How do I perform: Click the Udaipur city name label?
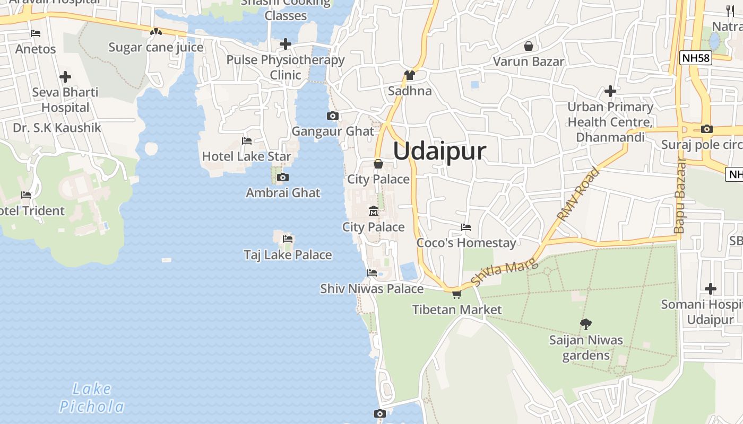439,151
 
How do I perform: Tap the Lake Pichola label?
91,398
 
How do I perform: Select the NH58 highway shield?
695,58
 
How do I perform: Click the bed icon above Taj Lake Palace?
288,239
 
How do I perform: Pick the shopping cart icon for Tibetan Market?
456,294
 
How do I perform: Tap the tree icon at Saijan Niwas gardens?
586,323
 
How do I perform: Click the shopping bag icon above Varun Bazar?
528,46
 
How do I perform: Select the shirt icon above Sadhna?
409,75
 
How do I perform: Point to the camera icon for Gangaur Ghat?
333,116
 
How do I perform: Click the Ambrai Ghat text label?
283,193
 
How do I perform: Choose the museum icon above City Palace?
374,211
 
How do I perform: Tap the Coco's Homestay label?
466,243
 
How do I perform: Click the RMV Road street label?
578,194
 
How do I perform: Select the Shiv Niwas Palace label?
371,289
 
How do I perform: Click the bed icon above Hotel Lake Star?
247,141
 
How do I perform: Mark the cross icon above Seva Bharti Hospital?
65,77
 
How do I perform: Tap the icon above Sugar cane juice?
155,32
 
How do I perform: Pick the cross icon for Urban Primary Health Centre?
610,91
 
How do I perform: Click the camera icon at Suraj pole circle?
706,129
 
